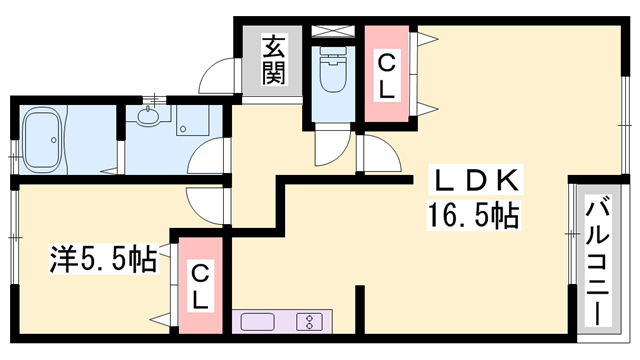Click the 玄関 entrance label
[x=274, y=58]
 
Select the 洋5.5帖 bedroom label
[x=103, y=260]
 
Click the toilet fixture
[x=329, y=75]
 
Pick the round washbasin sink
[x=148, y=118]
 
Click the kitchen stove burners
[x=310, y=322]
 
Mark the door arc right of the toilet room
[x=376, y=156]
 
